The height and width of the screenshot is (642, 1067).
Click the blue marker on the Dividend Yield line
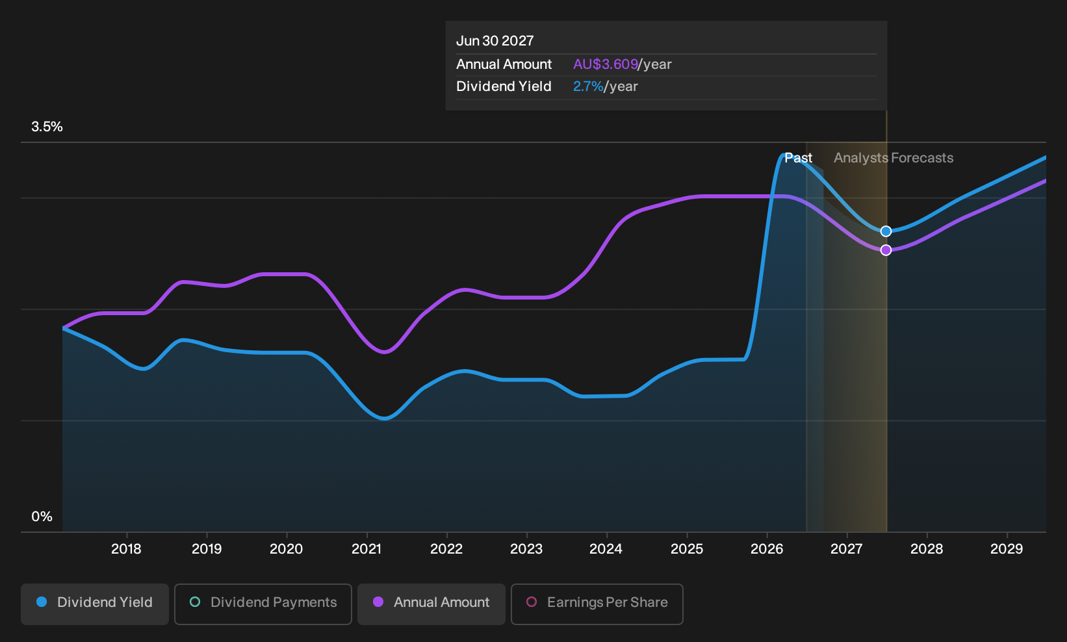(x=886, y=231)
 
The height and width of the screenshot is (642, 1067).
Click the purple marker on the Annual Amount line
(x=886, y=250)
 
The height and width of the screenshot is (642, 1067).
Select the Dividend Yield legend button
(x=95, y=604)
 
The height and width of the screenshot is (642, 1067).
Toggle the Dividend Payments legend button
(x=263, y=604)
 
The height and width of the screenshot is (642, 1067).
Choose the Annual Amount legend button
(x=431, y=604)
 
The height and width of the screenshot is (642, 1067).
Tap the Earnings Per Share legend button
(x=597, y=604)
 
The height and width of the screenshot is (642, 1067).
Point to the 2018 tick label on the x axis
(x=126, y=549)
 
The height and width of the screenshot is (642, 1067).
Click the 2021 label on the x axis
(x=366, y=549)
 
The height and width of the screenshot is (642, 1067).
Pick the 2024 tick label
(x=606, y=549)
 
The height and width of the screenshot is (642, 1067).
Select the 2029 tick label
(x=1007, y=549)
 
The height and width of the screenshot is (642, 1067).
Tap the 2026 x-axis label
(x=767, y=549)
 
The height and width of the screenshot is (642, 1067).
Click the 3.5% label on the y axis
(x=47, y=127)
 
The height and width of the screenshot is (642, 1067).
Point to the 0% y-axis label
(x=42, y=517)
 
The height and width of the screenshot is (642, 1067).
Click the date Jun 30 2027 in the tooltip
(x=495, y=41)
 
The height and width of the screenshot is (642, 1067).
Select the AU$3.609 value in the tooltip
(x=606, y=64)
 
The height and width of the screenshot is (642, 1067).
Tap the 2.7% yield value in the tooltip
(x=588, y=86)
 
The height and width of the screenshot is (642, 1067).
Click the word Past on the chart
(x=799, y=158)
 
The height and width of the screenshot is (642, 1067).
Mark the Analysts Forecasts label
(x=893, y=158)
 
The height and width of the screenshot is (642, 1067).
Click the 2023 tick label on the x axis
(x=526, y=549)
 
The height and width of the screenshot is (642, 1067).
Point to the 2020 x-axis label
(x=287, y=549)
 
